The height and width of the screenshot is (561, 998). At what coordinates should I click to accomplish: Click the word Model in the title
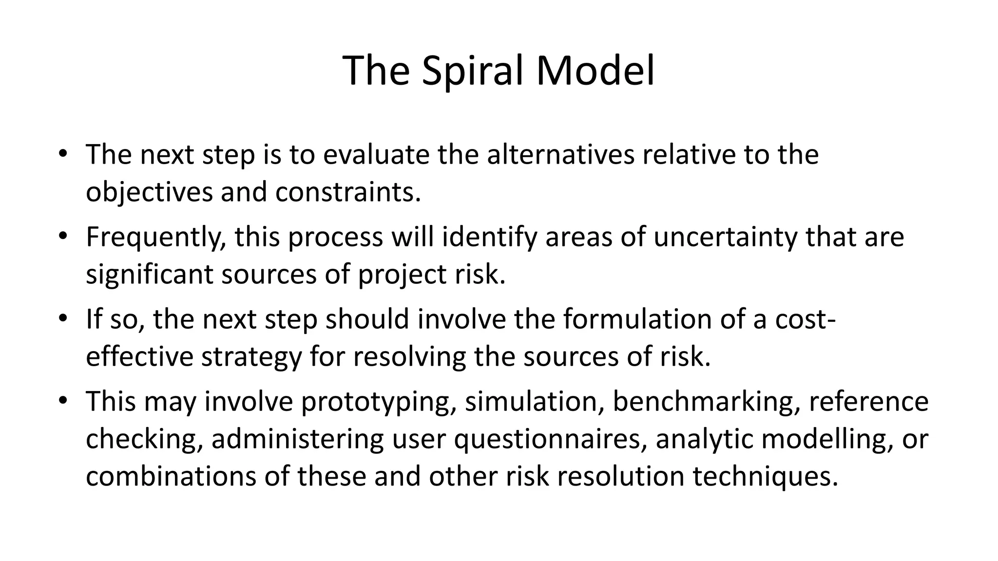(x=595, y=71)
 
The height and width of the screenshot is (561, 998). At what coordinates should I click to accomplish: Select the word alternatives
(x=560, y=154)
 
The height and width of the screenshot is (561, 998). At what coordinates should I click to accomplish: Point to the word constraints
(x=347, y=192)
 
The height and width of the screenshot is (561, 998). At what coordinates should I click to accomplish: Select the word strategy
(x=251, y=357)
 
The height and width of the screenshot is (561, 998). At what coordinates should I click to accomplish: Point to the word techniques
(x=765, y=476)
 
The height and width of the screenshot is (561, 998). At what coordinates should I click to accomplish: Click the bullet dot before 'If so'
(x=62, y=319)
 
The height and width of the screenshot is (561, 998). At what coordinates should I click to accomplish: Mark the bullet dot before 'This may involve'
(x=62, y=401)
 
